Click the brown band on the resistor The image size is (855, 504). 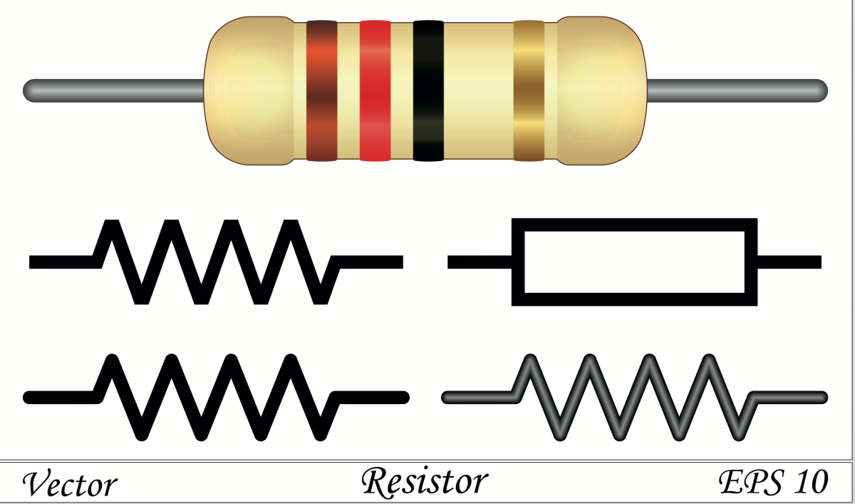pos(321,91)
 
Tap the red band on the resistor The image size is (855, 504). pos(375,91)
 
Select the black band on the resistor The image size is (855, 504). pos(428,91)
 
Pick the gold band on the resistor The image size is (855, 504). pos(529,91)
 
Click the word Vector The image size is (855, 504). pos(69,485)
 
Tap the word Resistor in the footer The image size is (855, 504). pos(425,482)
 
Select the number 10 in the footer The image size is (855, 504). pos(810,482)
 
